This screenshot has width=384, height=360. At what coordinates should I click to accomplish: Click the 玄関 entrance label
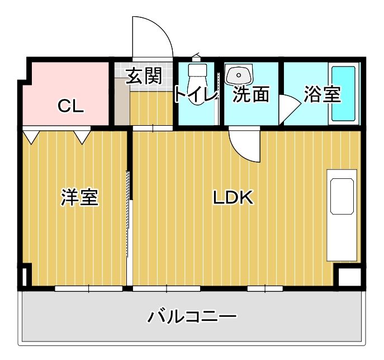click(144, 77)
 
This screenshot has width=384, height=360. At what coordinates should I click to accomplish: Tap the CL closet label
click(71, 106)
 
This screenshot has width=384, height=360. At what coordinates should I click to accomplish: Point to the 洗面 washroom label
click(251, 94)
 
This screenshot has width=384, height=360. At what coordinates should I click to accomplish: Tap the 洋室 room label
click(79, 197)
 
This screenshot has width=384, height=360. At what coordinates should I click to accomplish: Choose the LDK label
click(233, 197)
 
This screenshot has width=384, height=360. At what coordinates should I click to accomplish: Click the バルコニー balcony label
click(192, 317)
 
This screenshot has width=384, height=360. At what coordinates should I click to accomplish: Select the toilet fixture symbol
click(197, 75)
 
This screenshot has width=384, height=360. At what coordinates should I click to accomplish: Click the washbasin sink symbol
click(239, 75)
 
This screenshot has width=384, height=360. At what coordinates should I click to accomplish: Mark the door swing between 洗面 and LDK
click(244, 144)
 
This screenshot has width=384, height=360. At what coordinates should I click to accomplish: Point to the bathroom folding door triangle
click(288, 107)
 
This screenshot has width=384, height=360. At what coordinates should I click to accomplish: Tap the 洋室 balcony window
click(88, 288)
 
